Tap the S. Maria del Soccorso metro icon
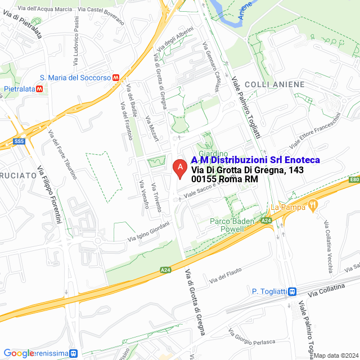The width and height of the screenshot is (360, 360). [x=116, y=78]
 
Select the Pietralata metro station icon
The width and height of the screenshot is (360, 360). [x=39, y=89]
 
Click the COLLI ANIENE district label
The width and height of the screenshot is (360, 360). [x=274, y=84]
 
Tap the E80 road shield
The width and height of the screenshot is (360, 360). [x=354, y=179]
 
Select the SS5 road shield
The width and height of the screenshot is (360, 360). [x=20, y=142]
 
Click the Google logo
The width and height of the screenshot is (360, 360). [x=19, y=353]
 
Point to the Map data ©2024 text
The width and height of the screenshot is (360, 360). [x=335, y=355]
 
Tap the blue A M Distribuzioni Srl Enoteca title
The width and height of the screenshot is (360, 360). [x=255, y=160]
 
